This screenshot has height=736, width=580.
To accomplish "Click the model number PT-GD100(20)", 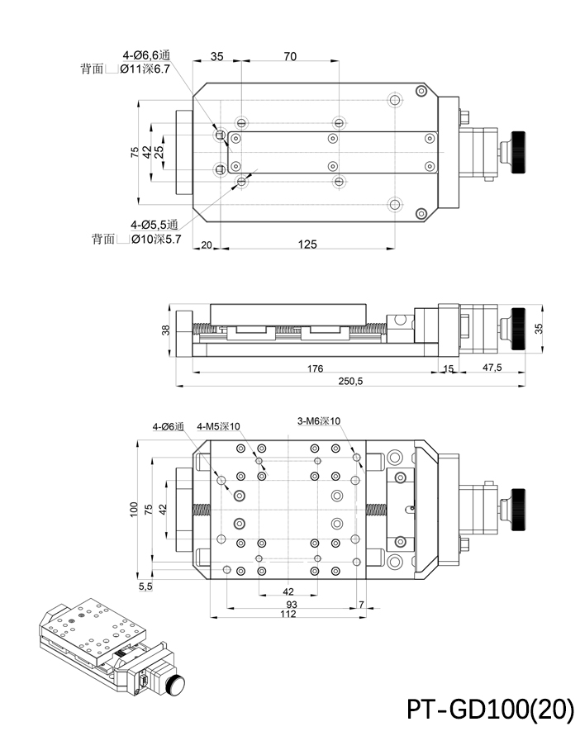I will [x=490, y=709].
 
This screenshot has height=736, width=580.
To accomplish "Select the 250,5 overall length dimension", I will [x=351, y=381].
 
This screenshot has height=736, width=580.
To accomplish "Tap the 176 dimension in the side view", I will [x=315, y=368].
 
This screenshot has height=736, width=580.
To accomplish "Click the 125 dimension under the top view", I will [x=307, y=244].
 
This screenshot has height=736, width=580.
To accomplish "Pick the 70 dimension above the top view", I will [x=290, y=56].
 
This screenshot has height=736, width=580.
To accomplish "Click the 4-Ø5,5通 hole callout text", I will [x=154, y=225].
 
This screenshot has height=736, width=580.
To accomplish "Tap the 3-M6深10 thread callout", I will [x=319, y=421].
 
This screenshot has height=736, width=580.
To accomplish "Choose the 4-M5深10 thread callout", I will [x=218, y=426].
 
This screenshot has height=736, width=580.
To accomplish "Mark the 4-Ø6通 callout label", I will [x=168, y=426].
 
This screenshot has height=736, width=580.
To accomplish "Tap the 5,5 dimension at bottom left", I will [x=145, y=586].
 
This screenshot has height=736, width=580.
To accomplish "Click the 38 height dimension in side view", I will [x=166, y=330].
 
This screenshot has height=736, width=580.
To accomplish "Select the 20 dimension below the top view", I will [x=206, y=244].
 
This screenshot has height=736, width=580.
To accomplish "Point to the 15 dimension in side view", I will [x=448, y=368].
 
